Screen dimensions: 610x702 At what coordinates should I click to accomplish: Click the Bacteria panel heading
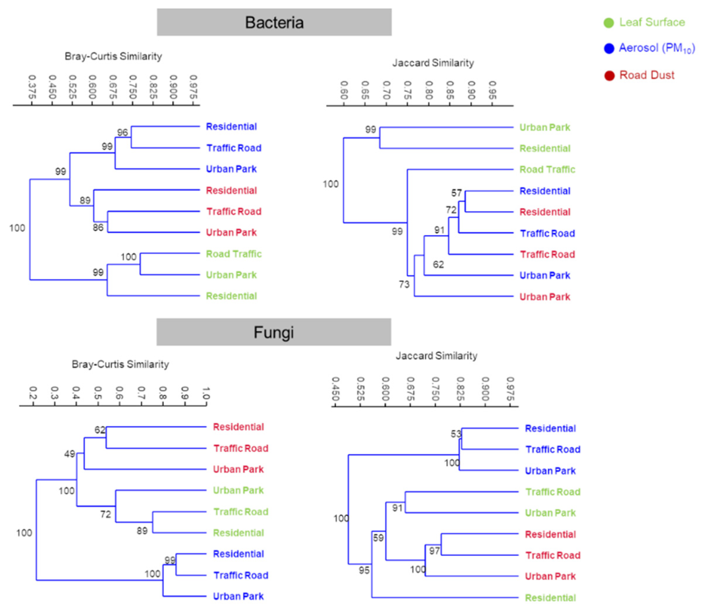[x=274, y=23]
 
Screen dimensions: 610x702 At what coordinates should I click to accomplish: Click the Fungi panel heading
[x=273, y=332]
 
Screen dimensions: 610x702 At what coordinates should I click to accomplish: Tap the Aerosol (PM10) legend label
[x=656, y=48]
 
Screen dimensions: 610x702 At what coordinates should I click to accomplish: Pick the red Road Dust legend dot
[x=609, y=76]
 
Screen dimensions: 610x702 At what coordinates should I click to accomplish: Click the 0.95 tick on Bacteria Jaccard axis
[x=492, y=90]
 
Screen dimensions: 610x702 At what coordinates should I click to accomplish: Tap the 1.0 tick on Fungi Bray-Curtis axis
[x=206, y=393]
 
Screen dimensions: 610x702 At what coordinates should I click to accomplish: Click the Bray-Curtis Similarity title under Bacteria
[x=113, y=56]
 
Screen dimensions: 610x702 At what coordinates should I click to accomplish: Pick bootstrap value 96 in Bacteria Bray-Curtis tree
[x=122, y=132]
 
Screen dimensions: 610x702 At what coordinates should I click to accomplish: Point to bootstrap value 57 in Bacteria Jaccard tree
[x=456, y=193]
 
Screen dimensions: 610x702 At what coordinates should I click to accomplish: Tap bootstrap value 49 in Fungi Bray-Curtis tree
[x=70, y=454]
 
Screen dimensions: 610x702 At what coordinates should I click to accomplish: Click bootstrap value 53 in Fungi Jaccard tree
[x=456, y=434]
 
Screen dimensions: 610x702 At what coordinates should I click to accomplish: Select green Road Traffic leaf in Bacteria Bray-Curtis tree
[x=234, y=254]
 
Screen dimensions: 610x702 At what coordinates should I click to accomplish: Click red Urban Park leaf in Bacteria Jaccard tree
[x=544, y=297]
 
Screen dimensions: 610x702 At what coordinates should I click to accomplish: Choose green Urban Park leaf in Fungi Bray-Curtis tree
[x=238, y=490]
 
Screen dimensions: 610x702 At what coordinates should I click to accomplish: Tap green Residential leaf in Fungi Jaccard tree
[x=550, y=598]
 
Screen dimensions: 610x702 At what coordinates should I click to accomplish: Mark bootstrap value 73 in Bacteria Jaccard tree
[x=404, y=284]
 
